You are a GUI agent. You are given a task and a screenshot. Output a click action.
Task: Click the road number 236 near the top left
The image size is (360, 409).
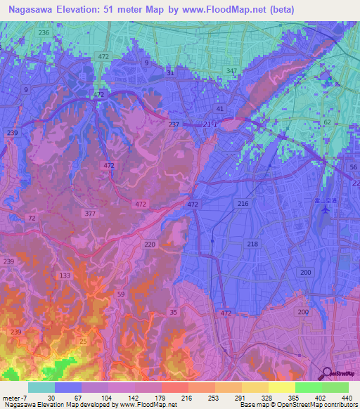[44, 33]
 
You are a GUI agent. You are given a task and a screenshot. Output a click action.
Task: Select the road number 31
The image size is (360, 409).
[170, 73]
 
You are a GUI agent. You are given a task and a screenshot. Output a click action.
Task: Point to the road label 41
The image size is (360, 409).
[220, 109]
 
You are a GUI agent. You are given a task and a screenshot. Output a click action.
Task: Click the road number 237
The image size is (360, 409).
[174, 124]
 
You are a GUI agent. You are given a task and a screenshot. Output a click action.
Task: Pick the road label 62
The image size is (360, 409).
[326, 122]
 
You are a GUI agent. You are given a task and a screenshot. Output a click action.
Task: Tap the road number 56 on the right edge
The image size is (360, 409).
[354, 167]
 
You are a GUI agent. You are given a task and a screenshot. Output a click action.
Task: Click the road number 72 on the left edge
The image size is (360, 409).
[31, 219]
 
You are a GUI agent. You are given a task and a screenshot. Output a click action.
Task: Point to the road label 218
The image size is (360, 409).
[252, 244]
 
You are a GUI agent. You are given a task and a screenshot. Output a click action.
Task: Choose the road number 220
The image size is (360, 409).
[149, 245]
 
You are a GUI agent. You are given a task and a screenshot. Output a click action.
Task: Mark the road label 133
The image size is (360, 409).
[65, 275]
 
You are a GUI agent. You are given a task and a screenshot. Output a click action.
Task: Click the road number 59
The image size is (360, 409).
[122, 294]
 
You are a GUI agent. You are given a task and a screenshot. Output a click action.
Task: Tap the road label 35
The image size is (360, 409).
[173, 311]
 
